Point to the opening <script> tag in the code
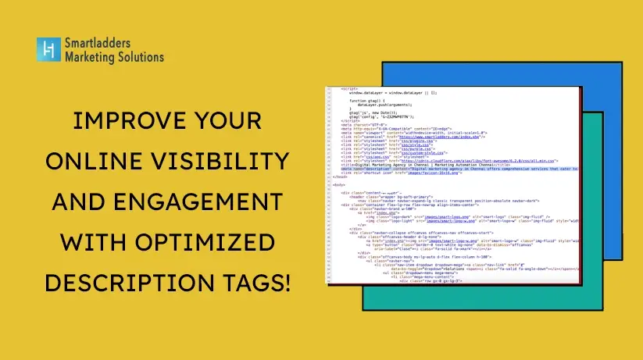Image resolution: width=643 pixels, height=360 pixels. (349, 88)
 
